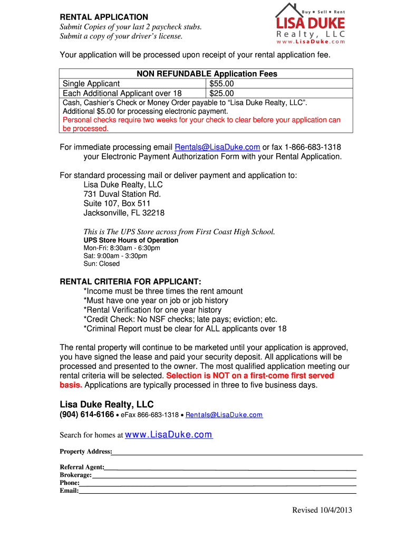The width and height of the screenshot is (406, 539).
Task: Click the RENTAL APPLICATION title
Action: coord(104,17)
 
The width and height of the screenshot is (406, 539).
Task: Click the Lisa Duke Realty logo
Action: coord(311,24)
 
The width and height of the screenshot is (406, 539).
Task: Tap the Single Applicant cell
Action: coord(91,84)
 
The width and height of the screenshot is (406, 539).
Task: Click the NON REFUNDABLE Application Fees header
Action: coord(207,74)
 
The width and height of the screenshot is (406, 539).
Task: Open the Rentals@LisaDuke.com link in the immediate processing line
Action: coord(217,147)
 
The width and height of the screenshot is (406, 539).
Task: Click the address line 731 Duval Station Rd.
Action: coord(122,194)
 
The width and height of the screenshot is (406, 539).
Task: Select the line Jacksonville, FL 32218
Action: coord(124,213)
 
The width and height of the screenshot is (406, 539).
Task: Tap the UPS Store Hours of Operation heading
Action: coord(131,240)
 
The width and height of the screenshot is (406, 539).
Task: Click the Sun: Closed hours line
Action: coord(102,264)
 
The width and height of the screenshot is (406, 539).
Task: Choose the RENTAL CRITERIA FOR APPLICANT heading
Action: coord(131,282)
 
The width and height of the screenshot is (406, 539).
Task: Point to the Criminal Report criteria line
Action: coord(185,329)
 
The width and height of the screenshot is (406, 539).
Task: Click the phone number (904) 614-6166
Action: coord(86,415)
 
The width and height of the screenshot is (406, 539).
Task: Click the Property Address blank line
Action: coord(237,453)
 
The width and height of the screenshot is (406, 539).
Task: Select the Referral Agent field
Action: coord(230,468)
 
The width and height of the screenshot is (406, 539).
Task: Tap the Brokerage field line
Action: coord(224,476)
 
